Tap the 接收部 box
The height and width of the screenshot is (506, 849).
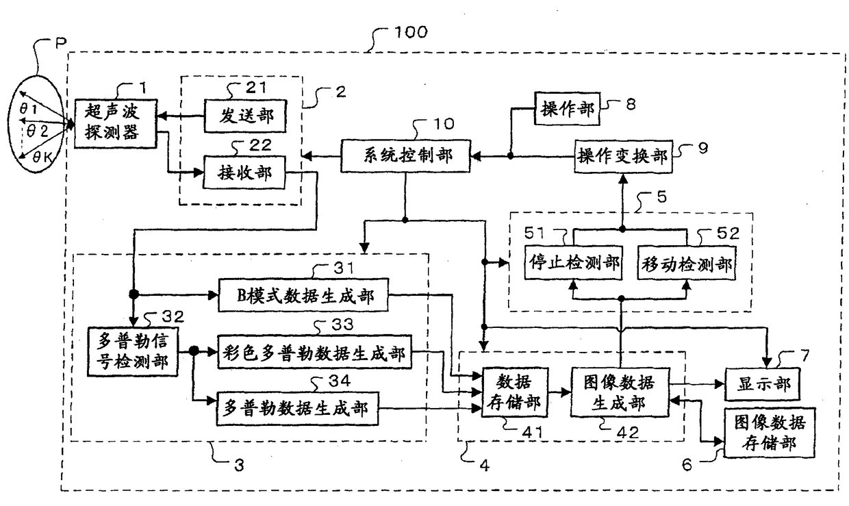(244, 173)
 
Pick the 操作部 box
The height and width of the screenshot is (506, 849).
(567, 110)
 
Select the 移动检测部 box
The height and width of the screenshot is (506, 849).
(686, 264)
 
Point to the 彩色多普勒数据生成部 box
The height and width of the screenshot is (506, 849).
(314, 354)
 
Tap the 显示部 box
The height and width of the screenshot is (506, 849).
(762, 384)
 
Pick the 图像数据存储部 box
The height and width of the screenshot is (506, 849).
(768, 431)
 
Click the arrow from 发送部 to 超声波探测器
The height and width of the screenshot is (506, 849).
(181, 116)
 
